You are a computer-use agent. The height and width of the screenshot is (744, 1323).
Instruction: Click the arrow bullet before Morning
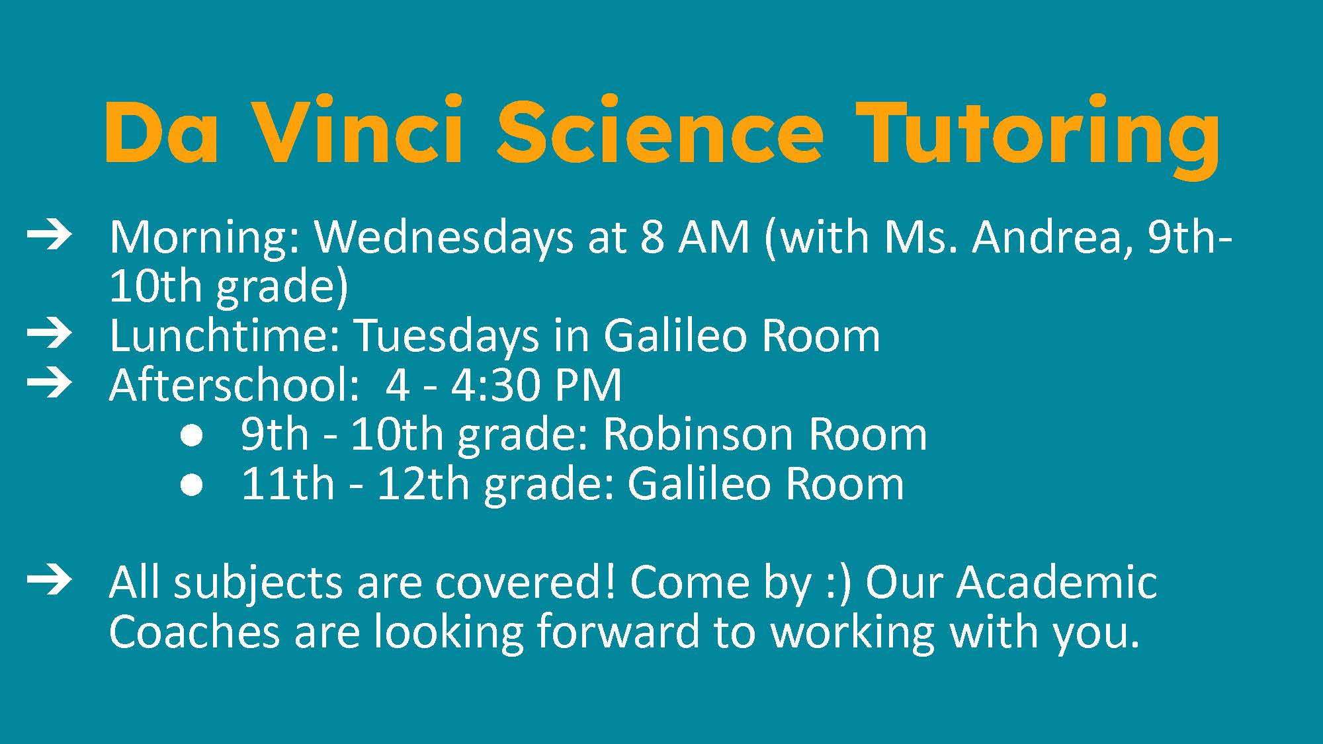[x=49, y=236]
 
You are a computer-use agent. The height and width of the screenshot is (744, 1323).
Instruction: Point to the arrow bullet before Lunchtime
[x=49, y=335]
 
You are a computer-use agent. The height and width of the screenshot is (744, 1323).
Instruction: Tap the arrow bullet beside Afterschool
[x=49, y=384]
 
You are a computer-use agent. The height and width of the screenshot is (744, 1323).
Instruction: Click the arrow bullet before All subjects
[x=49, y=581]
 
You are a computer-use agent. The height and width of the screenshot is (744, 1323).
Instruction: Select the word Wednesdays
[x=444, y=238]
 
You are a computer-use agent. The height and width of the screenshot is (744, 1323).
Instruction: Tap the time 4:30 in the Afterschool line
[x=494, y=385]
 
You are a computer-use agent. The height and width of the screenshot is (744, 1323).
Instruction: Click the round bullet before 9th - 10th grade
[x=192, y=437]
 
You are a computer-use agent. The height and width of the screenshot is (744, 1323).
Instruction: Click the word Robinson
[x=698, y=434]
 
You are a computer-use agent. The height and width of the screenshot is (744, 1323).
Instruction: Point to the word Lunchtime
[x=226, y=335]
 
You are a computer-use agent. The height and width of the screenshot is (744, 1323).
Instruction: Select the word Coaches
[x=194, y=632]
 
